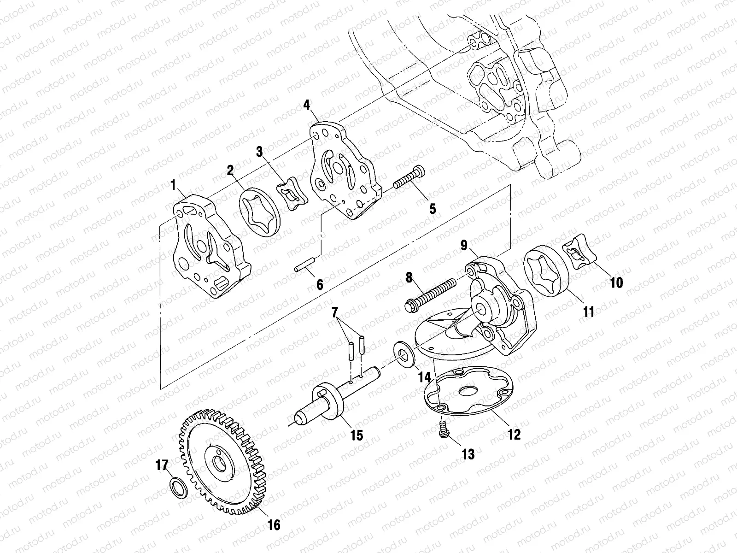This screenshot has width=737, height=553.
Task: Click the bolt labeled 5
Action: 410,178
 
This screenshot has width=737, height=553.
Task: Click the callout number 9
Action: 464,244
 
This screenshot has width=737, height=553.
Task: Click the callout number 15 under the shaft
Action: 357,435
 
